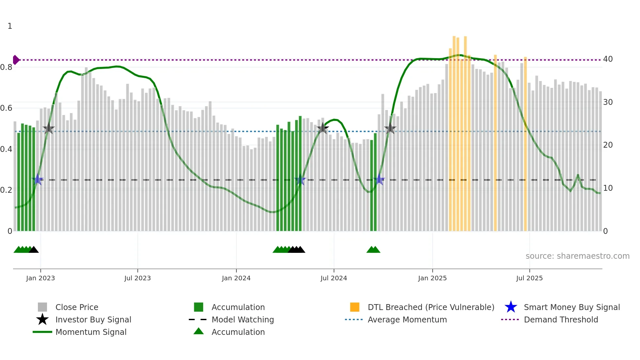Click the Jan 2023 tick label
click(40, 278)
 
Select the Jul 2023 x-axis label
click(137, 278)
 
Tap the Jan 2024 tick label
click(236, 278)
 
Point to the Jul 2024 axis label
click(334, 278)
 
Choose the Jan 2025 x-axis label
click(432, 278)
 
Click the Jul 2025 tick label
click(529, 278)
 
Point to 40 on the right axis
click(608, 59)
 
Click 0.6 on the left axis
click(7, 108)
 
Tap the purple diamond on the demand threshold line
click(16, 60)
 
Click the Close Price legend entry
click(77, 307)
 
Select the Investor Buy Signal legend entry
click(93, 320)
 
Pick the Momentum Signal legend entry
click(91, 332)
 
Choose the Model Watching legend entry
click(243, 320)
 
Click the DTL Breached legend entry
click(431, 307)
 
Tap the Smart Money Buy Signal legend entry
click(571, 307)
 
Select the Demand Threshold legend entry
click(561, 320)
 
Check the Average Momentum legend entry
click(407, 320)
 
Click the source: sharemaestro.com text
click(577, 256)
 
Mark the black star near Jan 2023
click(49, 129)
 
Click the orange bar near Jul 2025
click(525, 144)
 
